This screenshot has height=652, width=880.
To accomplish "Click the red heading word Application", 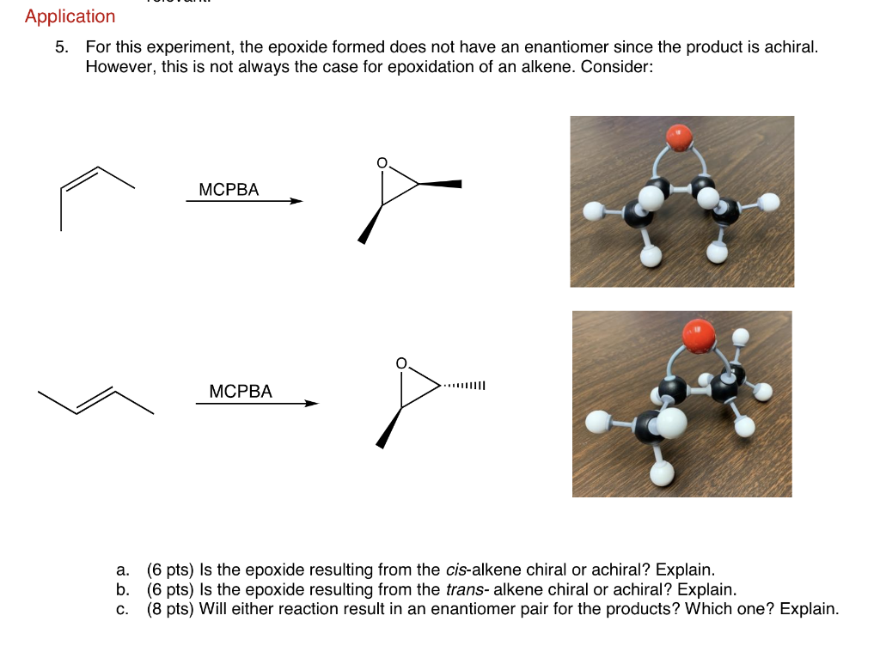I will tap(70, 16).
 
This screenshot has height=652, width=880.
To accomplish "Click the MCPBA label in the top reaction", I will tap(228, 190).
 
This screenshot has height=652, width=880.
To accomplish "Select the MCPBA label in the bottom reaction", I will tap(241, 392).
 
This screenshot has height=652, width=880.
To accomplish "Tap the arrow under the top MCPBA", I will tap(244, 202).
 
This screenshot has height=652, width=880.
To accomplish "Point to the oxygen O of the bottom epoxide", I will tap(400, 364).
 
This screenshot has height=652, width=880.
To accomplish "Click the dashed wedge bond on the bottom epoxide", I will tap(464, 385).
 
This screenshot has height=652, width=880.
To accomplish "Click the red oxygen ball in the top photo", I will tap(679, 136).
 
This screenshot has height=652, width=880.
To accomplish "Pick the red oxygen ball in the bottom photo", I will tap(699, 334).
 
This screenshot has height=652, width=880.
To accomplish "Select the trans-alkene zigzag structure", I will tap(95, 400).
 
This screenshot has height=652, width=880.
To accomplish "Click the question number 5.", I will tap(61, 47).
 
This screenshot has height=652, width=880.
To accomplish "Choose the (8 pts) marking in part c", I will tap(170, 609).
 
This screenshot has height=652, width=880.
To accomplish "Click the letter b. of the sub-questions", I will tap(123, 589).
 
